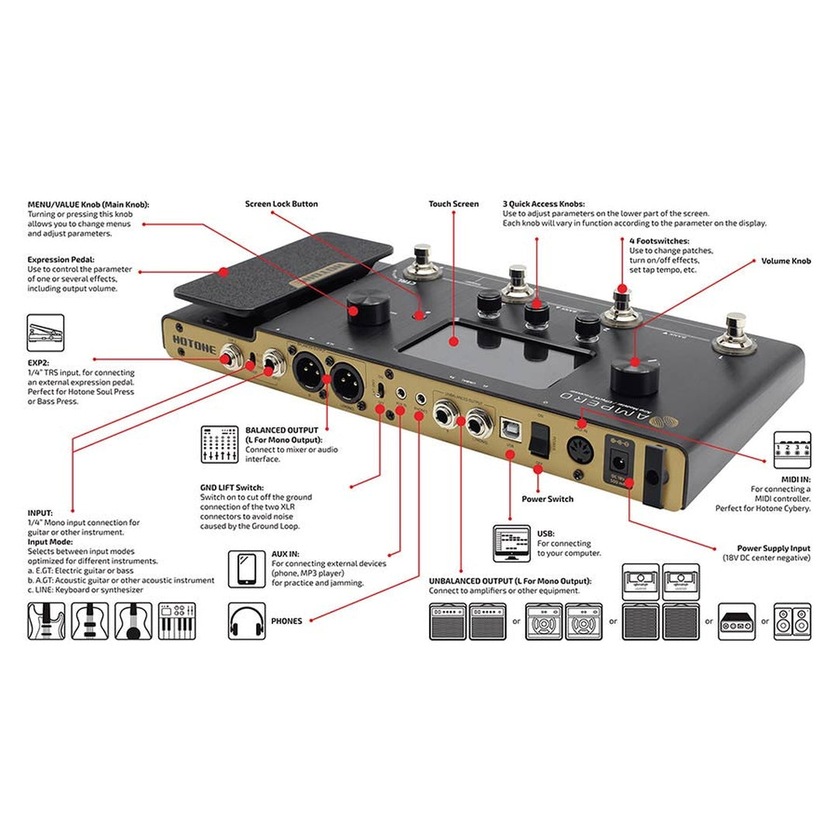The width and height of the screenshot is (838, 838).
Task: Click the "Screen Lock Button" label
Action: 281,204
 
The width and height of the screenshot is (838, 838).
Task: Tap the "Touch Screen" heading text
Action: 453,204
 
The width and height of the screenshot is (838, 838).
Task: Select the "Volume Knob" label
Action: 785,261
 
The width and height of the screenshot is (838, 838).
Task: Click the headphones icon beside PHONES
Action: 247,622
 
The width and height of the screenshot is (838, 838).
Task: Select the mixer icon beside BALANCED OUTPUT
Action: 219,444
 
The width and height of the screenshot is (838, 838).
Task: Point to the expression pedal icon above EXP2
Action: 46,333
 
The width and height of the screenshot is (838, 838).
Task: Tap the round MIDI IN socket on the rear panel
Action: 581,451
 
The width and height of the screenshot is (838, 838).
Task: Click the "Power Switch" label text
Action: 547,499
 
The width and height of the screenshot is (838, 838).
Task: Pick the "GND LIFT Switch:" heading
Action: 231,487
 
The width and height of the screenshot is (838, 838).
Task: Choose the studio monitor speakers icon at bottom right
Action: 791,622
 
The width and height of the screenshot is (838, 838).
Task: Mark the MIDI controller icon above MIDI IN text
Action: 791,449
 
